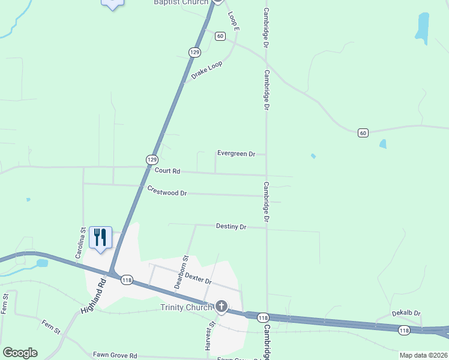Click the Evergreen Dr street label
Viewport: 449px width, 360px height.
[236, 154]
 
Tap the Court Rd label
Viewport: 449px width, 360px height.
[167, 171]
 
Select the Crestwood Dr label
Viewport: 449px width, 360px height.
[167, 191]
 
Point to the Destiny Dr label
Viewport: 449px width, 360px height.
[231, 227]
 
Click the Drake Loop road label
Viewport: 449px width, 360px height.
[206, 70]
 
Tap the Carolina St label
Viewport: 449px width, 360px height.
[79, 243]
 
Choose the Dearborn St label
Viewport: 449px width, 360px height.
[181, 272]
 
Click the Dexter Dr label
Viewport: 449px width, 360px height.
[199, 277]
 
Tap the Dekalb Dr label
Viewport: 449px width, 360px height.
[406, 313]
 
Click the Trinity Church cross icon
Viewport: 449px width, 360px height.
[221, 307]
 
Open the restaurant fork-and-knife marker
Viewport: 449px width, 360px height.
[100, 237]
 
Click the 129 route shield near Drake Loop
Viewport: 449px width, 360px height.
[194, 53]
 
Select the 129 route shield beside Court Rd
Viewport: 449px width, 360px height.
[152, 159]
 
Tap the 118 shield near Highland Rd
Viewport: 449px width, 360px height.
[127, 280]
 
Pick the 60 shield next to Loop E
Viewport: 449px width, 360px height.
[220, 37]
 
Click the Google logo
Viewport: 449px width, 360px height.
[20, 353]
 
